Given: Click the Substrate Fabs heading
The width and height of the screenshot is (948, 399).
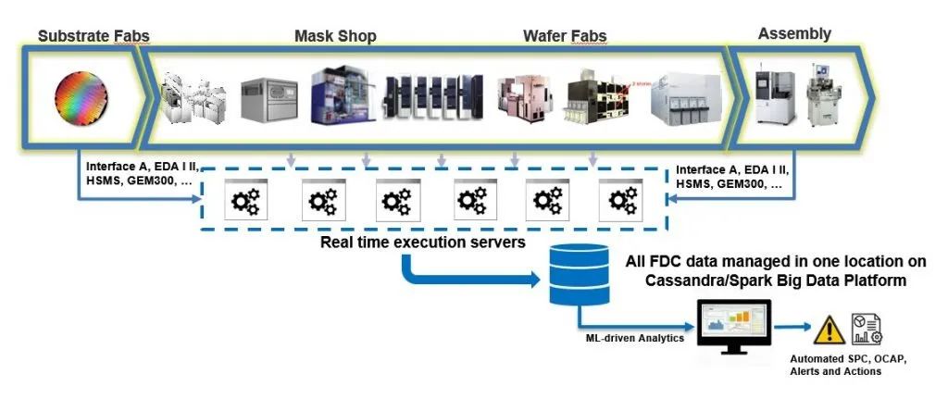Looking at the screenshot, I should click(x=94, y=37).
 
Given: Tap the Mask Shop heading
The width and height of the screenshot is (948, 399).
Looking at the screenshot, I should click(x=335, y=37).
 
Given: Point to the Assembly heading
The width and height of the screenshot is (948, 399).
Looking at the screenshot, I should click(x=794, y=34).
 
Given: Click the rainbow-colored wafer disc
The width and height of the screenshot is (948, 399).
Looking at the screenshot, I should click(x=81, y=98).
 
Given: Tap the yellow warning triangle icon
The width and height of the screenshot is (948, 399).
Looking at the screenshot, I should click(x=829, y=328).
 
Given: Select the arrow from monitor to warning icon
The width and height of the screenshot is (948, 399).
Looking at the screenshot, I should click(x=792, y=327).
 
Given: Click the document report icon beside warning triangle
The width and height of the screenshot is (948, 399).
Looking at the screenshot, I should click(x=867, y=328).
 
